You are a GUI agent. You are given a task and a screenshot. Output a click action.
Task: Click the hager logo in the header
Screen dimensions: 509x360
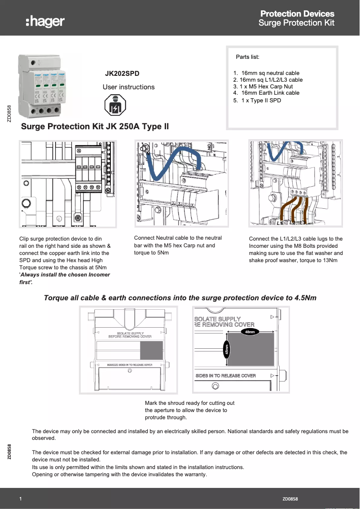[45, 21]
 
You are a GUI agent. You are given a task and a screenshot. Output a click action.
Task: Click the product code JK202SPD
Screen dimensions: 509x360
[122, 73]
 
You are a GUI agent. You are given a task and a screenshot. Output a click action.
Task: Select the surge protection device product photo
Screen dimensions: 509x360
[42, 85]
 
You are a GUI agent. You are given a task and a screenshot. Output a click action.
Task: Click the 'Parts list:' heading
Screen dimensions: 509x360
[247, 57]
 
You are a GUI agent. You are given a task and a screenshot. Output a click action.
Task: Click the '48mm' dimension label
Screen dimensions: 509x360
[250, 332]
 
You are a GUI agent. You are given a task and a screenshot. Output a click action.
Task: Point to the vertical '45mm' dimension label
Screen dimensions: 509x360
[227, 349]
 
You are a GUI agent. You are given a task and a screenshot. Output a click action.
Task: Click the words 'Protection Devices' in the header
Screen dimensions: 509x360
[297, 13]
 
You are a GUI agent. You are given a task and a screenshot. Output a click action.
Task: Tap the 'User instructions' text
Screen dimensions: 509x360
[128, 87]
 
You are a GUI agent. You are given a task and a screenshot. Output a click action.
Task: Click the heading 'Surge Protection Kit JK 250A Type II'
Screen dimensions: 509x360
[95, 127]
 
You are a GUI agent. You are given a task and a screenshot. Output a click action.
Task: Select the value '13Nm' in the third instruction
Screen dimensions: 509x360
[330, 260]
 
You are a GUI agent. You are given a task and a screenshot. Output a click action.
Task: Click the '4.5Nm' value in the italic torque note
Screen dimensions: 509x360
[305, 298]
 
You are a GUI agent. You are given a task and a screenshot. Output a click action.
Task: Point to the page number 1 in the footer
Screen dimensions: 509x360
[21, 499]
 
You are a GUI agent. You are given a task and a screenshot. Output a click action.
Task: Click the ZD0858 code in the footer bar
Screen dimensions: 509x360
[290, 499]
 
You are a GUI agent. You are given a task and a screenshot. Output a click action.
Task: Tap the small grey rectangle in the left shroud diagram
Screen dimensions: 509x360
[151, 350]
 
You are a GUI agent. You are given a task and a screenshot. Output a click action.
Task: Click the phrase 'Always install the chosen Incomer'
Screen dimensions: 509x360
[66, 275]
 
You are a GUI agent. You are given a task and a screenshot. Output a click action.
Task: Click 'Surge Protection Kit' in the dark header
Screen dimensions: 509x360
[296, 23]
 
